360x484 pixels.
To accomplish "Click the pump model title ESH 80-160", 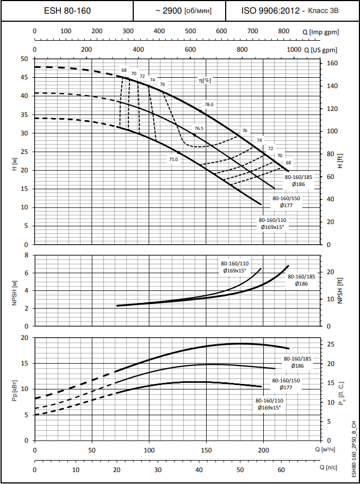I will tap(67, 10).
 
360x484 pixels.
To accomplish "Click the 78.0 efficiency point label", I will tap(209, 104).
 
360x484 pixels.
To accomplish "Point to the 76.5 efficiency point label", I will tap(198, 129).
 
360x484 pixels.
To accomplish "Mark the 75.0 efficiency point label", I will tap(173, 159).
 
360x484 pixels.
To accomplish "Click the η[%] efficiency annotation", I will tap(205, 80).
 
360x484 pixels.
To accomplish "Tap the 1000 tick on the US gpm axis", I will tap(294, 49).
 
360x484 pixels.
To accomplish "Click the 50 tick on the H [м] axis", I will tap(24, 59).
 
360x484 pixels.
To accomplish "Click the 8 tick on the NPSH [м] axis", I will tap(26, 255).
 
